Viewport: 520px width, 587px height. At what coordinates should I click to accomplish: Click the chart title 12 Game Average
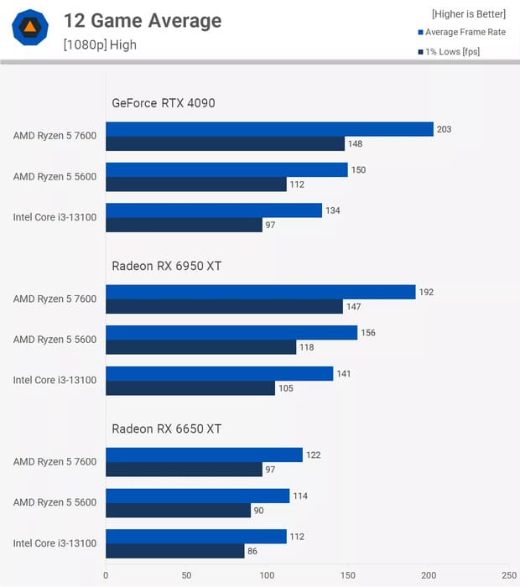point(142,21)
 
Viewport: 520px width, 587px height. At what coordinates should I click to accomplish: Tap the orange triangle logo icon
point(30,28)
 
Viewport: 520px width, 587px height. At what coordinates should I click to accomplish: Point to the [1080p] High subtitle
point(99,44)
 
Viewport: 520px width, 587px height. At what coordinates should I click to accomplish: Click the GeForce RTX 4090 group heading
point(164,103)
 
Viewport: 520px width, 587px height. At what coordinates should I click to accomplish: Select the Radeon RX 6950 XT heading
point(167,266)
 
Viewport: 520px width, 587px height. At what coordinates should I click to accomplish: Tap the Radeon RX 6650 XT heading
point(167,429)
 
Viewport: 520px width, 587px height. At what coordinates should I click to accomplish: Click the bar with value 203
point(269,129)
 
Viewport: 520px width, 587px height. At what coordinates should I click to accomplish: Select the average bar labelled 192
point(260,292)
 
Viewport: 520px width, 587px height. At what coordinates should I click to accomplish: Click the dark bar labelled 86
point(174,551)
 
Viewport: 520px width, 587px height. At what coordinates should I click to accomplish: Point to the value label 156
point(367,333)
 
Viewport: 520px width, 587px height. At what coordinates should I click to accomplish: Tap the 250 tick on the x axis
point(509,575)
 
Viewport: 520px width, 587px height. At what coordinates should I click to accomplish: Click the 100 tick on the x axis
point(267,575)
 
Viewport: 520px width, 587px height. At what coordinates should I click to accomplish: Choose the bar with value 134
point(214,210)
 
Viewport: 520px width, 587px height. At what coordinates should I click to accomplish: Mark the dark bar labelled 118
point(200,347)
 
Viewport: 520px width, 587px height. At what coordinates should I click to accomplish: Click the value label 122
point(313,455)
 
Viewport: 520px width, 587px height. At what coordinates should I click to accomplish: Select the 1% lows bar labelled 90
point(178,510)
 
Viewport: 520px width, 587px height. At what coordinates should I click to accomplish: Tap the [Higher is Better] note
point(469,14)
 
